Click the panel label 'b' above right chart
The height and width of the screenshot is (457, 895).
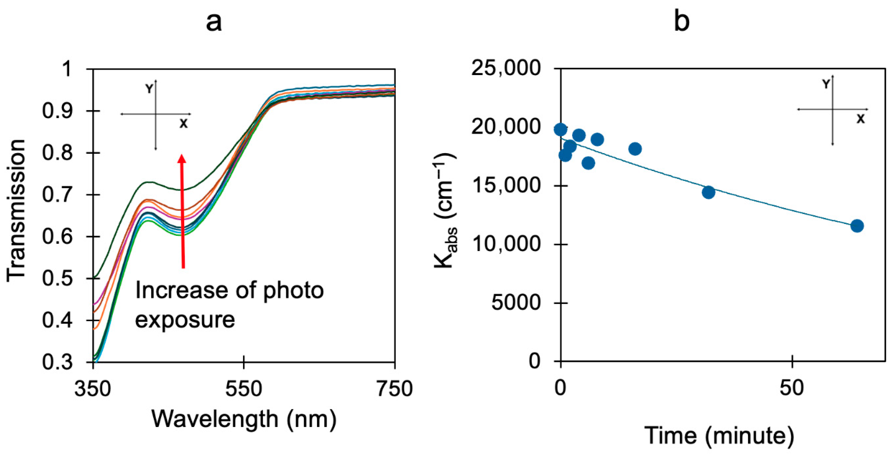point(681,21)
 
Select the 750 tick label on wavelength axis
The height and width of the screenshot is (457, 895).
point(395,389)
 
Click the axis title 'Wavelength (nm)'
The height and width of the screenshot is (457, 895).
point(244,419)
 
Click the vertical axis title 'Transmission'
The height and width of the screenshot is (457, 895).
point(17,211)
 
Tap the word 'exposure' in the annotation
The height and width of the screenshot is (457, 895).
point(185,319)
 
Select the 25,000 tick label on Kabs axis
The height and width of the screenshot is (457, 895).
point(506,68)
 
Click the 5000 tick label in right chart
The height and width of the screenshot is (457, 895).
point(516,303)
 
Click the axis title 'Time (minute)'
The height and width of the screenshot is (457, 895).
point(719,435)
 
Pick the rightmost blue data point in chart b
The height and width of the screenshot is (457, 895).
point(857,226)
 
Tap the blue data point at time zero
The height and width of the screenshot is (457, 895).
point(560,130)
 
